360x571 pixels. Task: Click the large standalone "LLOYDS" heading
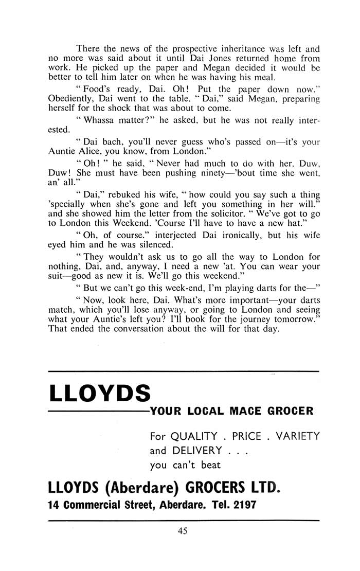pyautogui.click(x=99, y=394)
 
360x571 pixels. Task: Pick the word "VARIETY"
pyautogui.click(x=298, y=437)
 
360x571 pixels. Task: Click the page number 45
pyautogui.click(x=183, y=532)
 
